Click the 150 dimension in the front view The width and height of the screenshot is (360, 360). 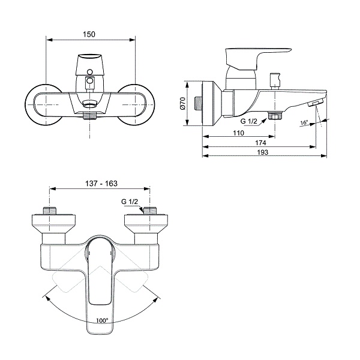point(89,34)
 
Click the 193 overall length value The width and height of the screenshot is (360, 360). point(260,152)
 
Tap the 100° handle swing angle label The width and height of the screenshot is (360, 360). point(102,320)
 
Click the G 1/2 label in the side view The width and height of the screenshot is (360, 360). point(248,122)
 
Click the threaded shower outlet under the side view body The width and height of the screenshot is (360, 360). point(276,116)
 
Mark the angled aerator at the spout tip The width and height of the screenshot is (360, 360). point(313,104)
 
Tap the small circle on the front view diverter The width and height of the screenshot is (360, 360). point(90,80)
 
